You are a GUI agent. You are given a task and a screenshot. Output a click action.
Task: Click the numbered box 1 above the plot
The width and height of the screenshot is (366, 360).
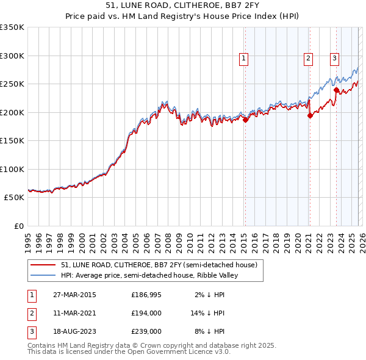pos(243,59)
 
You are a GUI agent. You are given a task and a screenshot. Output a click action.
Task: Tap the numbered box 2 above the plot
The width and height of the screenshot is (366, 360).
pos(309,59)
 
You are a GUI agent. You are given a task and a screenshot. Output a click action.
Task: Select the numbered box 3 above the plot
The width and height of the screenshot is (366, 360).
pos(335,59)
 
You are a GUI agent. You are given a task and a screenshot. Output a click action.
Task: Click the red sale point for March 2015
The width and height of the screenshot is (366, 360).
pos(245,120)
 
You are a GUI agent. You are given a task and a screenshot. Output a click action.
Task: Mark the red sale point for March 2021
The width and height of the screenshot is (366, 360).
pos(310,116)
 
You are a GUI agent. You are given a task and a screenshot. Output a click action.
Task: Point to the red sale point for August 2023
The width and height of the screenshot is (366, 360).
pos(336,91)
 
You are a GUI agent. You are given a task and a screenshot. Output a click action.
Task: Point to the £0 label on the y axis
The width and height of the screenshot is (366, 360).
pos(18,226)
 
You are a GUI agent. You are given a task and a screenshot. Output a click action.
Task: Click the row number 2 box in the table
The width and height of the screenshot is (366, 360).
pos(30,313)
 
